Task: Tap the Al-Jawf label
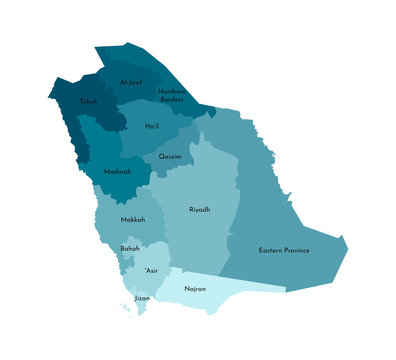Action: click(x=131, y=82)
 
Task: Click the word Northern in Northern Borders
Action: click(x=172, y=91)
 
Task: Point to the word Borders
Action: click(x=172, y=99)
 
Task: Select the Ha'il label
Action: click(x=153, y=127)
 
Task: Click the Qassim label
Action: click(x=169, y=157)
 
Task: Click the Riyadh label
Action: click(x=200, y=210)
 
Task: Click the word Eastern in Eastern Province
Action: click(x=273, y=250)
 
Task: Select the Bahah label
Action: click(x=130, y=248)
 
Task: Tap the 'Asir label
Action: click(x=150, y=271)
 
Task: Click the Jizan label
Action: click(x=142, y=298)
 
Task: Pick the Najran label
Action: click(x=195, y=289)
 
